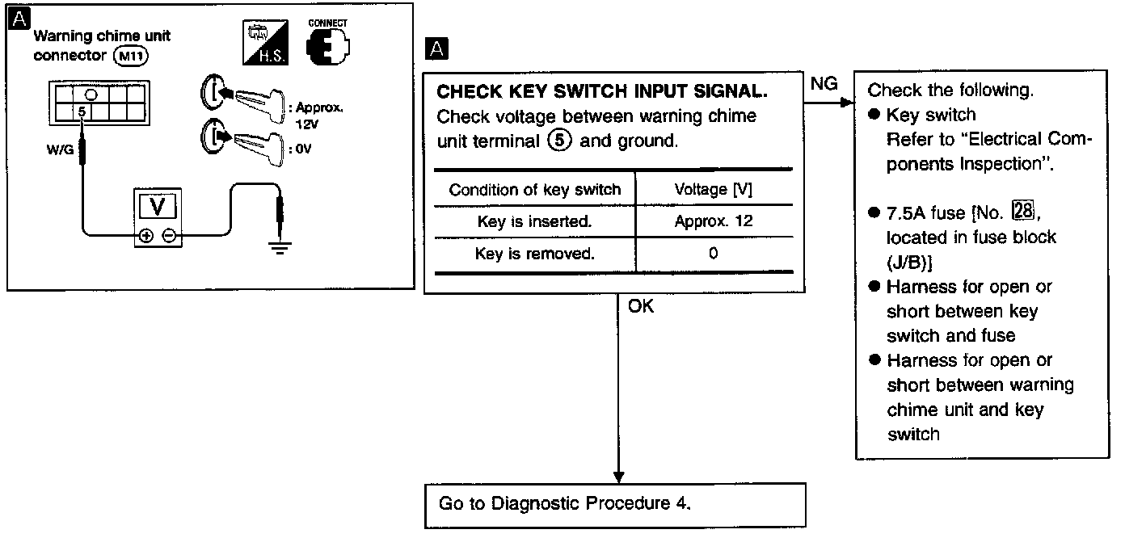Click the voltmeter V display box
click(x=158, y=207)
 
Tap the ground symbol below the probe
click(x=279, y=244)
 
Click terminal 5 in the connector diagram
click(x=81, y=110)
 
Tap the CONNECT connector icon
click(x=327, y=44)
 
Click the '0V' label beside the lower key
click(x=304, y=148)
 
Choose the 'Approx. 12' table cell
click(x=713, y=221)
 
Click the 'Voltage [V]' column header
click(x=713, y=190)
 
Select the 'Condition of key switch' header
click(x=535, y=190)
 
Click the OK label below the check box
click(x=640, y=307)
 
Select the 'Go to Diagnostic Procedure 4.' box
click(x=615, y=504)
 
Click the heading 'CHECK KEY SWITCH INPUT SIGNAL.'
click(x=601, y=92)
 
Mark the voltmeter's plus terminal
click(x=147, y=237)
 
